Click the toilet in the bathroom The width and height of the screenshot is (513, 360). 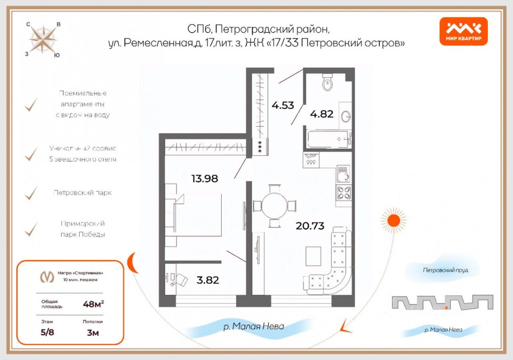click(327, 82)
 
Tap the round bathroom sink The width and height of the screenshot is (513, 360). click(345, 117)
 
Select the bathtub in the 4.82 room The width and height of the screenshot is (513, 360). click(329, 139)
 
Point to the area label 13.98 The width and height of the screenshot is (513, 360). click(205, 179)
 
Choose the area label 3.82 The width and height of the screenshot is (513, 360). click(208, 280)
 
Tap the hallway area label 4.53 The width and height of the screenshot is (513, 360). click(283, 106)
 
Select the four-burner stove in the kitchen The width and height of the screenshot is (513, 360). click(344, 193)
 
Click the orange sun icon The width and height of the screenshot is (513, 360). click(393, 220)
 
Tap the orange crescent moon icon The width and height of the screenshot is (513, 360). click(131, 264)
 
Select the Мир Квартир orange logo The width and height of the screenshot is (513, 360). click(464, 32)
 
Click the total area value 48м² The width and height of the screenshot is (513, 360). click(93, 304)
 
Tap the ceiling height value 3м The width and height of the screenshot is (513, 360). click(93, 333)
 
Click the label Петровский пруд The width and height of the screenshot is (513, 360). click(445, 270)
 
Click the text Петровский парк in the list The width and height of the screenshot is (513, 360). click(83, 193)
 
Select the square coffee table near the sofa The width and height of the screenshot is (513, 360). click(313, 256)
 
